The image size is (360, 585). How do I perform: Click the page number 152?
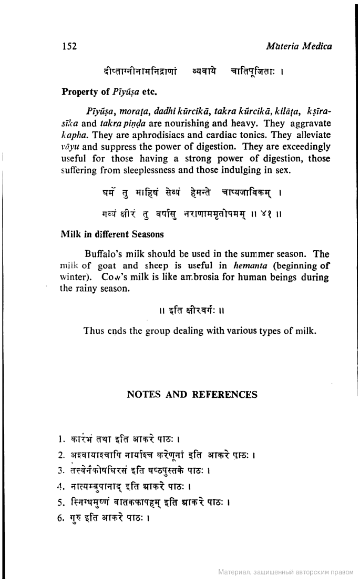click(x=69, y=46)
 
